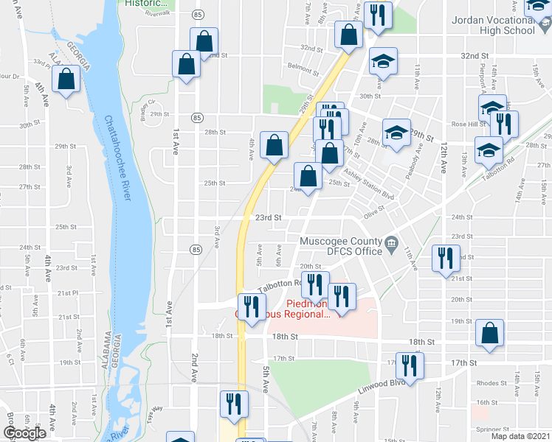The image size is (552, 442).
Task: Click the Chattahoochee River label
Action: tap(119, 158)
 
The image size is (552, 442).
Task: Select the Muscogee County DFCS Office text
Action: tap(340, 246)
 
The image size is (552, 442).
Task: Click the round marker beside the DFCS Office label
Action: tap(391, 242)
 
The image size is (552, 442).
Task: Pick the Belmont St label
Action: tap(303, 67)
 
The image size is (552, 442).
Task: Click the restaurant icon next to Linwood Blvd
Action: tap(408, 367)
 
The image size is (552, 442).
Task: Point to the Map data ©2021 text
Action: tap(520, 436)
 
